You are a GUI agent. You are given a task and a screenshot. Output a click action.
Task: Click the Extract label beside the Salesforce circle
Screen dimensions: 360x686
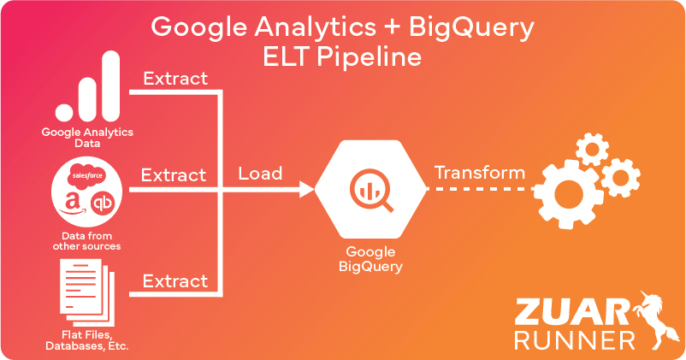click(174, 175)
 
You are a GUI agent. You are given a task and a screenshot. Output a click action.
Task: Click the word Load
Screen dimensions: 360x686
click(260, 174)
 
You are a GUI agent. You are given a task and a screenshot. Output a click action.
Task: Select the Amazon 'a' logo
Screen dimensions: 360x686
click(74, 202)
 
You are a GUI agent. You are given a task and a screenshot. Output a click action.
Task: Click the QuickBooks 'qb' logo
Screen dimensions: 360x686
click(103, 204)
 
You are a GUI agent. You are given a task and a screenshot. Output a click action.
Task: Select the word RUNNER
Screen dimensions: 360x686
click(575, 339)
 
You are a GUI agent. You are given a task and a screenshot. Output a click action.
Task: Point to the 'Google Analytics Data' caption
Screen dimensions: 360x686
click(88, 137)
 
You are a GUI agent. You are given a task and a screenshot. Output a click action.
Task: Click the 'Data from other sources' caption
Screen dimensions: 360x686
click(88, 240)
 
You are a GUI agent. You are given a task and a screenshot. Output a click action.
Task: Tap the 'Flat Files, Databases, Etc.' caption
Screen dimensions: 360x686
click(88, 340)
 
